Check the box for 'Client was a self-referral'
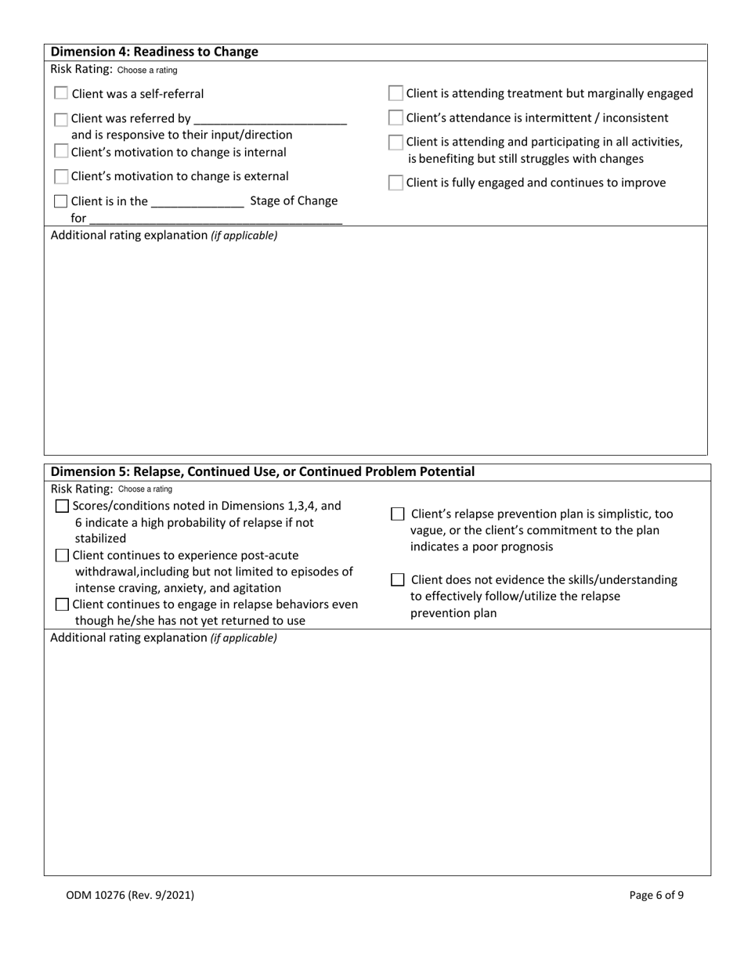coord(61,93)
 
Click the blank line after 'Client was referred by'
coord(269,119)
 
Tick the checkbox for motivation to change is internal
coord(61,151)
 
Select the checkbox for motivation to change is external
coord(61,177)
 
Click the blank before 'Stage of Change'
coord(197,201)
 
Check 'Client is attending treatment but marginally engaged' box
coord(396,94)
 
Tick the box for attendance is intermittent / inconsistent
coord(396,118)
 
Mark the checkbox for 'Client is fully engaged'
coord(396,183)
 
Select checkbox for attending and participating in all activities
coord(396,142)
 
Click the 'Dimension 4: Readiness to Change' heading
coord(154,52)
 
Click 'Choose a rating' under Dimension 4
coord(147,70)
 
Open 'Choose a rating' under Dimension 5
coord(145,489)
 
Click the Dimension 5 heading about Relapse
coord(262,471)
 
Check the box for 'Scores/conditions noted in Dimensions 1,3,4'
coord(63,507)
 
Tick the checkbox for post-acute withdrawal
coord(63,556)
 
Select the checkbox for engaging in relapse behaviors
coord(63,604)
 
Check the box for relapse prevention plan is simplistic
coord(398,514)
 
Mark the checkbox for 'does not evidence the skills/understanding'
coord(398,580)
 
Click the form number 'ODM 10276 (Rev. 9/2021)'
coord(130,895)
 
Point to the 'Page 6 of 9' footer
coord(656,895)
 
